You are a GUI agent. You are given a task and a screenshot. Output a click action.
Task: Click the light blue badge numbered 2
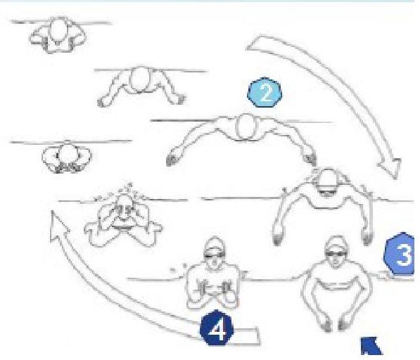coord(265,93)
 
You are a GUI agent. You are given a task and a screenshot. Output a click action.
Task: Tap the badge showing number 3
coord(400,253)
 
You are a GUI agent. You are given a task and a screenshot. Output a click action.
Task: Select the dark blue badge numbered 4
coord(217,328)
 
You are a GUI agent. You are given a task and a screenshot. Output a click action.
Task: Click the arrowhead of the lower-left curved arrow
coord(58,226)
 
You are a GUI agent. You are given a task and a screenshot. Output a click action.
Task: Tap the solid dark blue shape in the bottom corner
coord(371,346)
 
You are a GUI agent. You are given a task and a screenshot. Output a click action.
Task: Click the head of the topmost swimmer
coord(58,30)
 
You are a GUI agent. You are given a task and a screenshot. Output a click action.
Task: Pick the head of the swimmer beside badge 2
coord(246,127)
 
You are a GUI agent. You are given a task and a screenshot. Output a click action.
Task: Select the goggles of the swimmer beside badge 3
coord(336,253)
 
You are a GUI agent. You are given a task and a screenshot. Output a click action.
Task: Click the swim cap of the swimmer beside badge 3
coord(336,243)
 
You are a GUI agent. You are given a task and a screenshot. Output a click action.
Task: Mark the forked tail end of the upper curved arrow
coord(257,43)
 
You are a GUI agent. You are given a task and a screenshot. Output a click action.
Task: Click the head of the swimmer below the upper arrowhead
coord(327,181)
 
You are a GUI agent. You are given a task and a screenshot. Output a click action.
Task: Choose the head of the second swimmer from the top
coord(140,79)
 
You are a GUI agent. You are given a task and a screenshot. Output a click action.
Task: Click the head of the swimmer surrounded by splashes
coord(124,207)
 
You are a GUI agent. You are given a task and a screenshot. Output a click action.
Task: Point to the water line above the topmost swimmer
coord(61,22)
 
